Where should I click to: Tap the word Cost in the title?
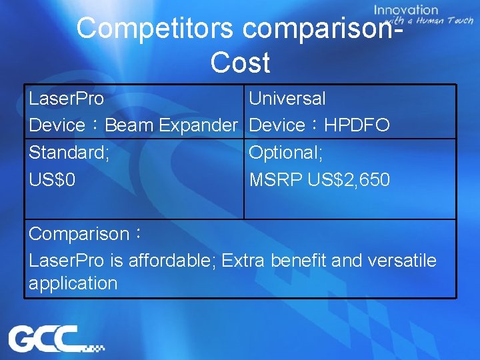click(x=240, y=63)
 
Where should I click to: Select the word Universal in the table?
click(x=287, y=99)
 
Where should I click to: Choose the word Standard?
click(x=69, y=153)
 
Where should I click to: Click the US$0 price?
click(x=48, y=180)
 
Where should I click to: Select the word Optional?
click(x=286, y=153)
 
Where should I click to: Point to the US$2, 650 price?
click(x=349, y=180)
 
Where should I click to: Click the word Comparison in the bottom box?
click(x=79, y=234)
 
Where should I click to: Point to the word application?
click(x=73, y=283)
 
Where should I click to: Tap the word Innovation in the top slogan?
click(x=406, y=10)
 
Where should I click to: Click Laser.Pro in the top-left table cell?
click(x=66, y=99)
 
